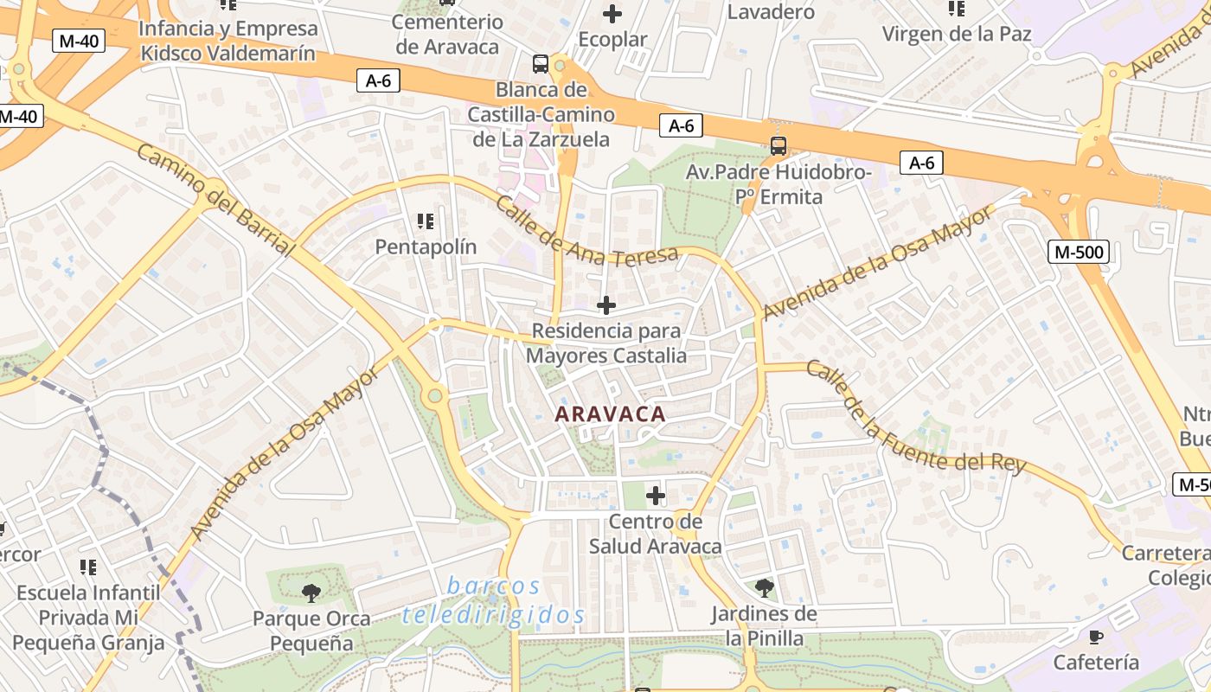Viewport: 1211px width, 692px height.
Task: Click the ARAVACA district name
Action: (610, 414)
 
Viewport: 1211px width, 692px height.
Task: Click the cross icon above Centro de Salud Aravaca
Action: (656, 496)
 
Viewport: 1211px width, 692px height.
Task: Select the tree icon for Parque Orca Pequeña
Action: (311, 593)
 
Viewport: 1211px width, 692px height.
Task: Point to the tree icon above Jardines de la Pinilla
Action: (764, 588)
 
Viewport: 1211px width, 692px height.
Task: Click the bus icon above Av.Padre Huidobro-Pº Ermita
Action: (778, 146)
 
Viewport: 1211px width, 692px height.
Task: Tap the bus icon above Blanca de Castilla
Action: (541, 63)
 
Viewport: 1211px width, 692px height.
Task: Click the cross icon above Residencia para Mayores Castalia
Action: (606, 304)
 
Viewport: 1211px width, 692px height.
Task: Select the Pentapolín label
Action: (426, 247)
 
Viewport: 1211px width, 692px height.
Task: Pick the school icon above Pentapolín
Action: (425, 222)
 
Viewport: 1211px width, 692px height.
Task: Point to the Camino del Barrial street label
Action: (216, 200)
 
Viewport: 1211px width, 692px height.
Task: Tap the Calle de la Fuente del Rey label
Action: (915, 419)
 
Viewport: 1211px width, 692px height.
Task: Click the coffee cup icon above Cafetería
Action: (1096, 638)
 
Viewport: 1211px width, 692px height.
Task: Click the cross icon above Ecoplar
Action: (612, 14)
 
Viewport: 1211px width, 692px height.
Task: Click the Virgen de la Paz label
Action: (957, 35)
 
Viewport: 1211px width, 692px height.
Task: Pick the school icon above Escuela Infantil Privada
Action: (87, 567)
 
